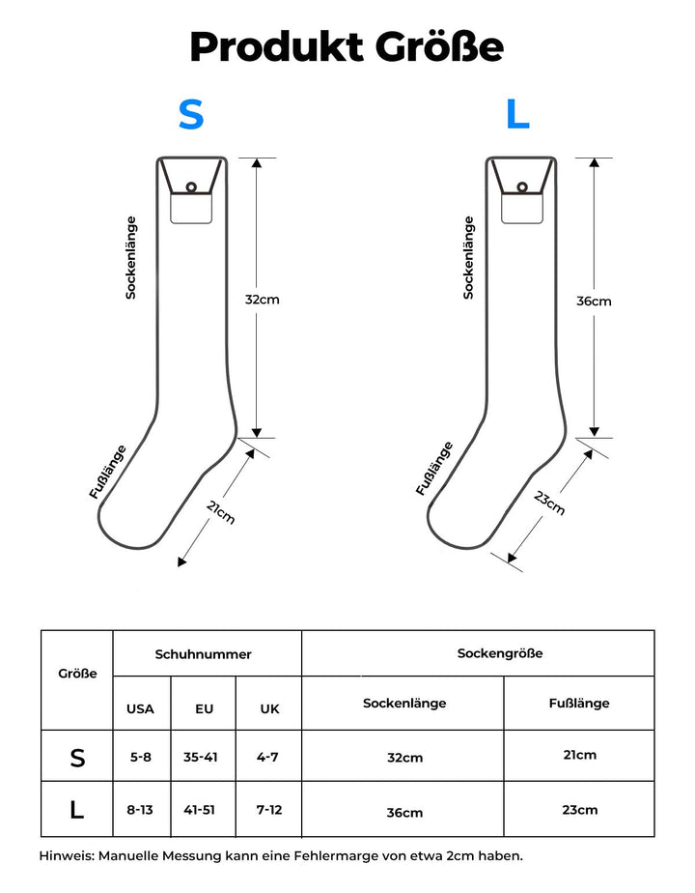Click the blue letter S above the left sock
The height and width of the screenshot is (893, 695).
191,115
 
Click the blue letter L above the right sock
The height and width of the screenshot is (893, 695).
518,115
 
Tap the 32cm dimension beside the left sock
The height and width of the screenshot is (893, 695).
262,300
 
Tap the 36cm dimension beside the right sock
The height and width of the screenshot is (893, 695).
594,301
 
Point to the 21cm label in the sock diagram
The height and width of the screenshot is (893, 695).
221,513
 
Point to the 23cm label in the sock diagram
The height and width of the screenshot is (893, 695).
549,503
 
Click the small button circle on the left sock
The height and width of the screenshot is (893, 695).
191,187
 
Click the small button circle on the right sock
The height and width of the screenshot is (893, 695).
522,187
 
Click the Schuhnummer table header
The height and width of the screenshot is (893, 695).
203,654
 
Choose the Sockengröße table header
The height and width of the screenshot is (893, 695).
500,653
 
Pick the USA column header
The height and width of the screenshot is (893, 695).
140,708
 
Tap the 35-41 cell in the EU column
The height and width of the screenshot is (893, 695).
201,757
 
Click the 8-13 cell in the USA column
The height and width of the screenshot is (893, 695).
140,809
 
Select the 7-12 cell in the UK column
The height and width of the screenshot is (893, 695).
269,809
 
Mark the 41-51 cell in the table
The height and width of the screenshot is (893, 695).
201,809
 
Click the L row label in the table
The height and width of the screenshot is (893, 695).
77,810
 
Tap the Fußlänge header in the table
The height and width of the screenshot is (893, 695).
579,703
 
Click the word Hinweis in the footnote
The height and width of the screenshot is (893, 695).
66,855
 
